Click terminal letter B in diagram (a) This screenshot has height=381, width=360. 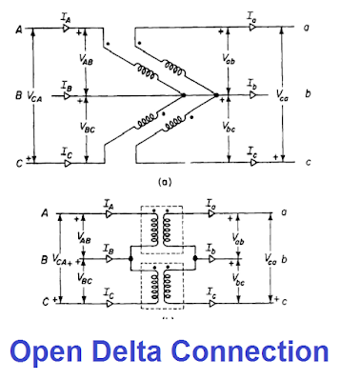point(19,95)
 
